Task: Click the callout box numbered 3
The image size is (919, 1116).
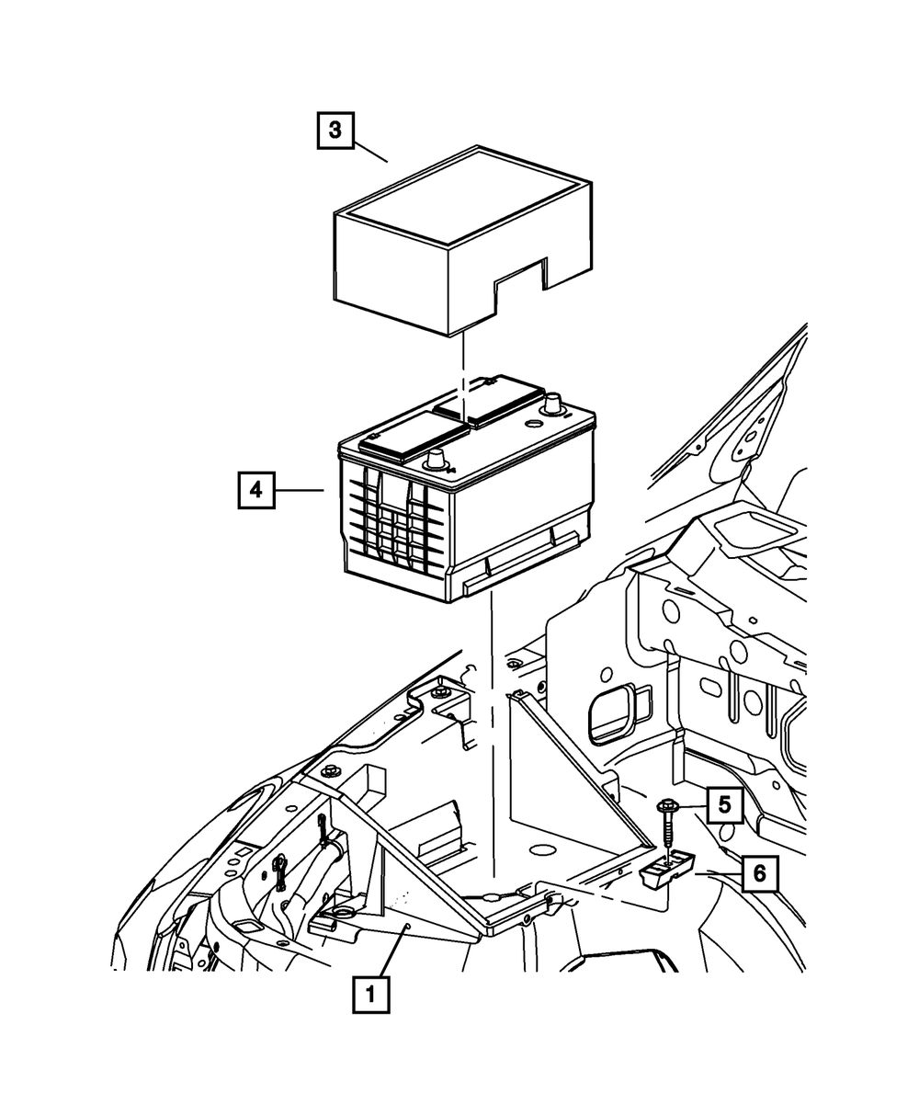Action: (x=335, y=131)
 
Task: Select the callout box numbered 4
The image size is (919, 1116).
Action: (x=255, y=491)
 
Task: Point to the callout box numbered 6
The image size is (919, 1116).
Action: (x=759, y=874)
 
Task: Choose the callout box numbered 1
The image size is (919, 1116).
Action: (x=369, y=994)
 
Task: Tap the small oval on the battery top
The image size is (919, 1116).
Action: (x=530, y=424)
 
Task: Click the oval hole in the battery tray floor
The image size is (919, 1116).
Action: (x=540, y=849)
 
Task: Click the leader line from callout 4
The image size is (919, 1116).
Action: (x=300, y=491)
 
